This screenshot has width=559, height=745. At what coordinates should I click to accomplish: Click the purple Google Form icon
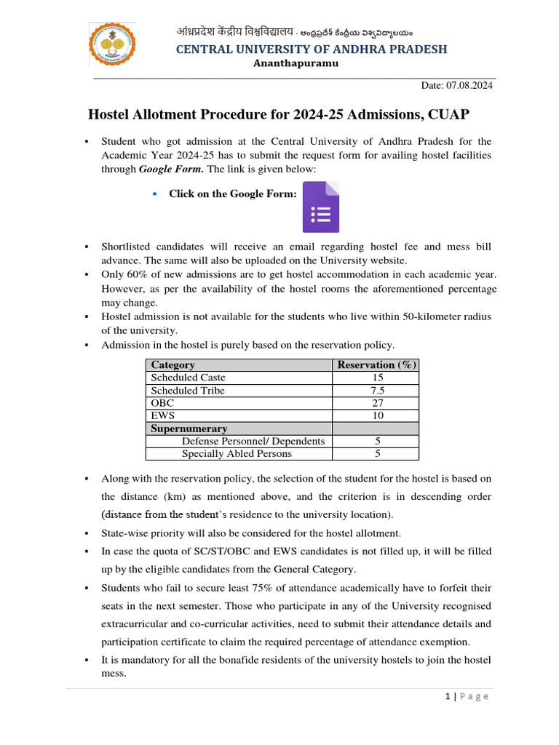[321, 207]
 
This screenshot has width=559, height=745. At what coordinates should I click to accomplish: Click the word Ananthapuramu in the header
[296, 64]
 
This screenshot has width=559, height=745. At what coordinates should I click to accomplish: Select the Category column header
[173, 365]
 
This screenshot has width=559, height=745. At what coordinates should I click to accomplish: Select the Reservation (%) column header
[376, 365]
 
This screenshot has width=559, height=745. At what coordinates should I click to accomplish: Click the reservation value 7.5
[376, 391]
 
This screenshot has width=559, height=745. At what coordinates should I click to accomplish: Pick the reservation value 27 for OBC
[376, 403]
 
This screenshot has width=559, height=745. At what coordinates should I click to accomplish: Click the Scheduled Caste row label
[188, 378]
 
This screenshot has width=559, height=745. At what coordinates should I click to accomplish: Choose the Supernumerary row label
[189, 429]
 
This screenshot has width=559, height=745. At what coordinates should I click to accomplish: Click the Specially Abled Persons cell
[237, 454]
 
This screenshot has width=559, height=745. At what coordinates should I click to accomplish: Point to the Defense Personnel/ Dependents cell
[253, 441]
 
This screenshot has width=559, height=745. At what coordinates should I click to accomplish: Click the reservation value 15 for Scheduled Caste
[376, 378]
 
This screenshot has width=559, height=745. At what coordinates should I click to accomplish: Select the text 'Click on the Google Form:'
[233, 194]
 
